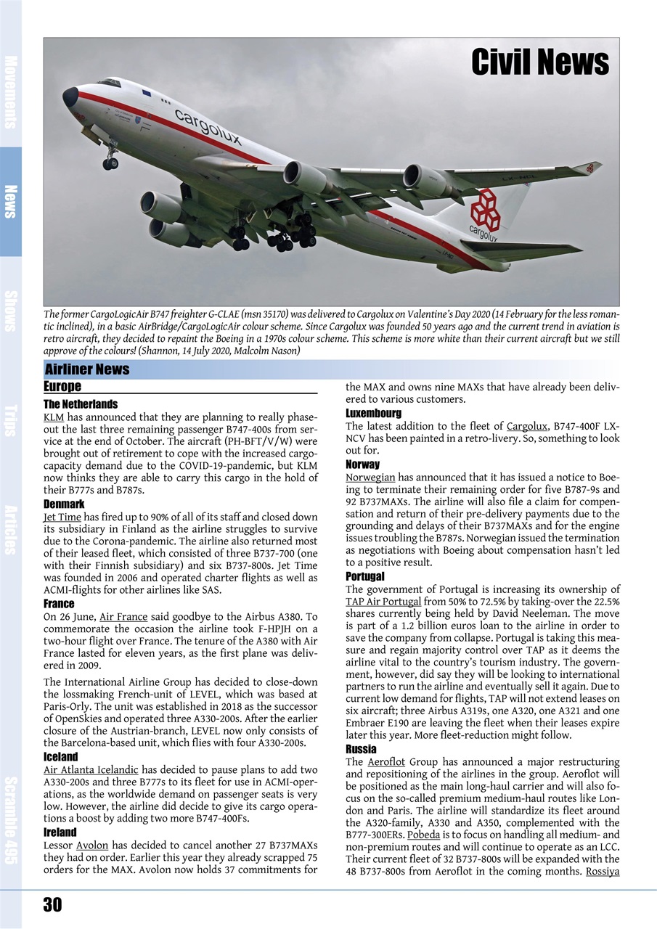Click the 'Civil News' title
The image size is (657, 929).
[540, 62]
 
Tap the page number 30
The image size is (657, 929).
[52, 904]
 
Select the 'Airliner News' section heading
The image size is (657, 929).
[87, 369]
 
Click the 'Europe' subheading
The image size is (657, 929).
[62, 386]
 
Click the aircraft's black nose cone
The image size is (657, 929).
[70, 97]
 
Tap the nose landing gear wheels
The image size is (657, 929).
[110, 163]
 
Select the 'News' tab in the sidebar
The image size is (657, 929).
[11, 201]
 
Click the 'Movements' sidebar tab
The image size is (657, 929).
[11, 91]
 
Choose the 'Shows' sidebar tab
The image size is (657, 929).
[11, 311]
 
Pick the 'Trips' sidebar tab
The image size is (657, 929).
[11, 420]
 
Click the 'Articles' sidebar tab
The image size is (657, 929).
[11, 530]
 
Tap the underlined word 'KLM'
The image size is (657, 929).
[53, 418]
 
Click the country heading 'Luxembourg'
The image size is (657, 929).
[373, 413]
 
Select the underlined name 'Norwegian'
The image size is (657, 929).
[370, 477]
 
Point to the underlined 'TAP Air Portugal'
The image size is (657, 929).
[383, 602]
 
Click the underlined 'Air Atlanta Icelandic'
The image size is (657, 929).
[91, 769]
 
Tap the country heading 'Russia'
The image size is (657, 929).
[361, 749]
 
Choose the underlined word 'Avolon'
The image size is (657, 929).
[92, 846]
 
